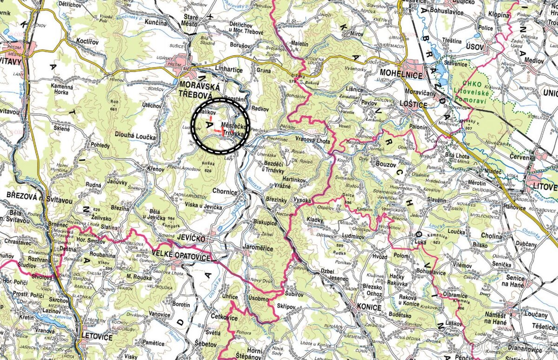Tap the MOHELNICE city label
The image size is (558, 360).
click(401, 74)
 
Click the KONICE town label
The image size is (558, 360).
click(369, 307)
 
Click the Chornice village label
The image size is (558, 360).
click(225, 192)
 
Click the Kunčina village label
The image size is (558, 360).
click(155, 22)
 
